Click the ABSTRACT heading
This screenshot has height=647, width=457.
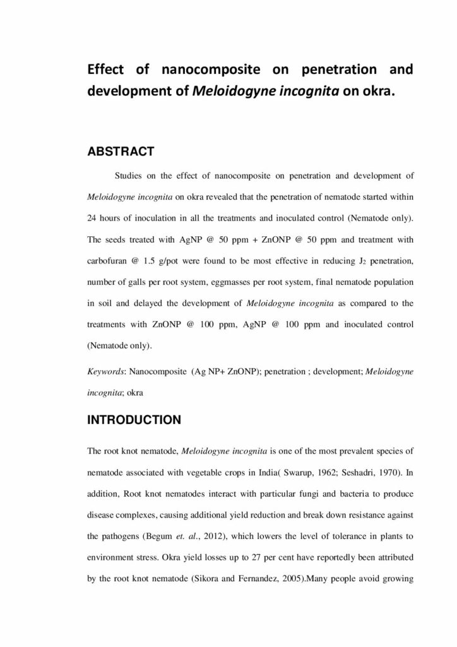point(120,152)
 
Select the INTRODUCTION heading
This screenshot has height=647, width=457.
point(134,420)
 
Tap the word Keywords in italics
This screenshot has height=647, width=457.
point(105,372)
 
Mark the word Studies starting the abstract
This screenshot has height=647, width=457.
point(130,174)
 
